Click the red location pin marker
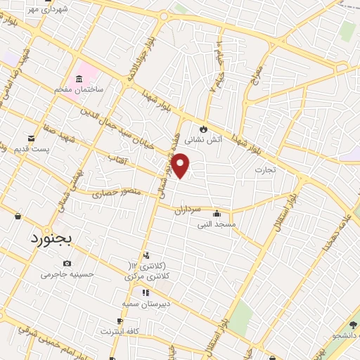tap(181, 165)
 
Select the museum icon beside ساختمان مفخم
tap(78, 77)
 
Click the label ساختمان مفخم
tap(79, 90)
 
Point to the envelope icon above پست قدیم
tap(30, 138)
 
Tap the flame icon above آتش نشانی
tap(203, 129)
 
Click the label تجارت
tap(264, 169)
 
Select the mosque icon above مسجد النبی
tap(217, 214)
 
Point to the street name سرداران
tap(188, 209)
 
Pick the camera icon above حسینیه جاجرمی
tap(67, 263)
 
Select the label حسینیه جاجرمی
tap(67, 274)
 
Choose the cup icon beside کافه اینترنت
tap(120, 321)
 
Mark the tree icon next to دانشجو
tap(353, 325)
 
